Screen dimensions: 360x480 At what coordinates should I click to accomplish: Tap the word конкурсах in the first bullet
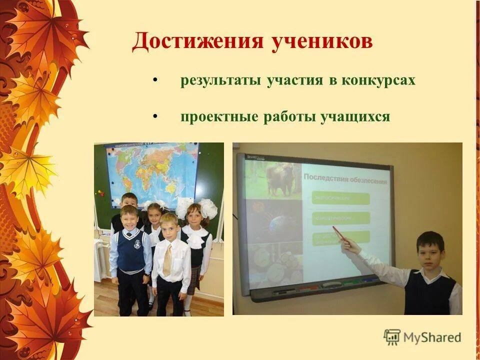378,80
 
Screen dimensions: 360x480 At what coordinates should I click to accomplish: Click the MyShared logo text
432,337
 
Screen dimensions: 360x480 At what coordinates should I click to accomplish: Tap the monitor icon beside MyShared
392,337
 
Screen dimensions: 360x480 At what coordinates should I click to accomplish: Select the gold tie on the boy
167,259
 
